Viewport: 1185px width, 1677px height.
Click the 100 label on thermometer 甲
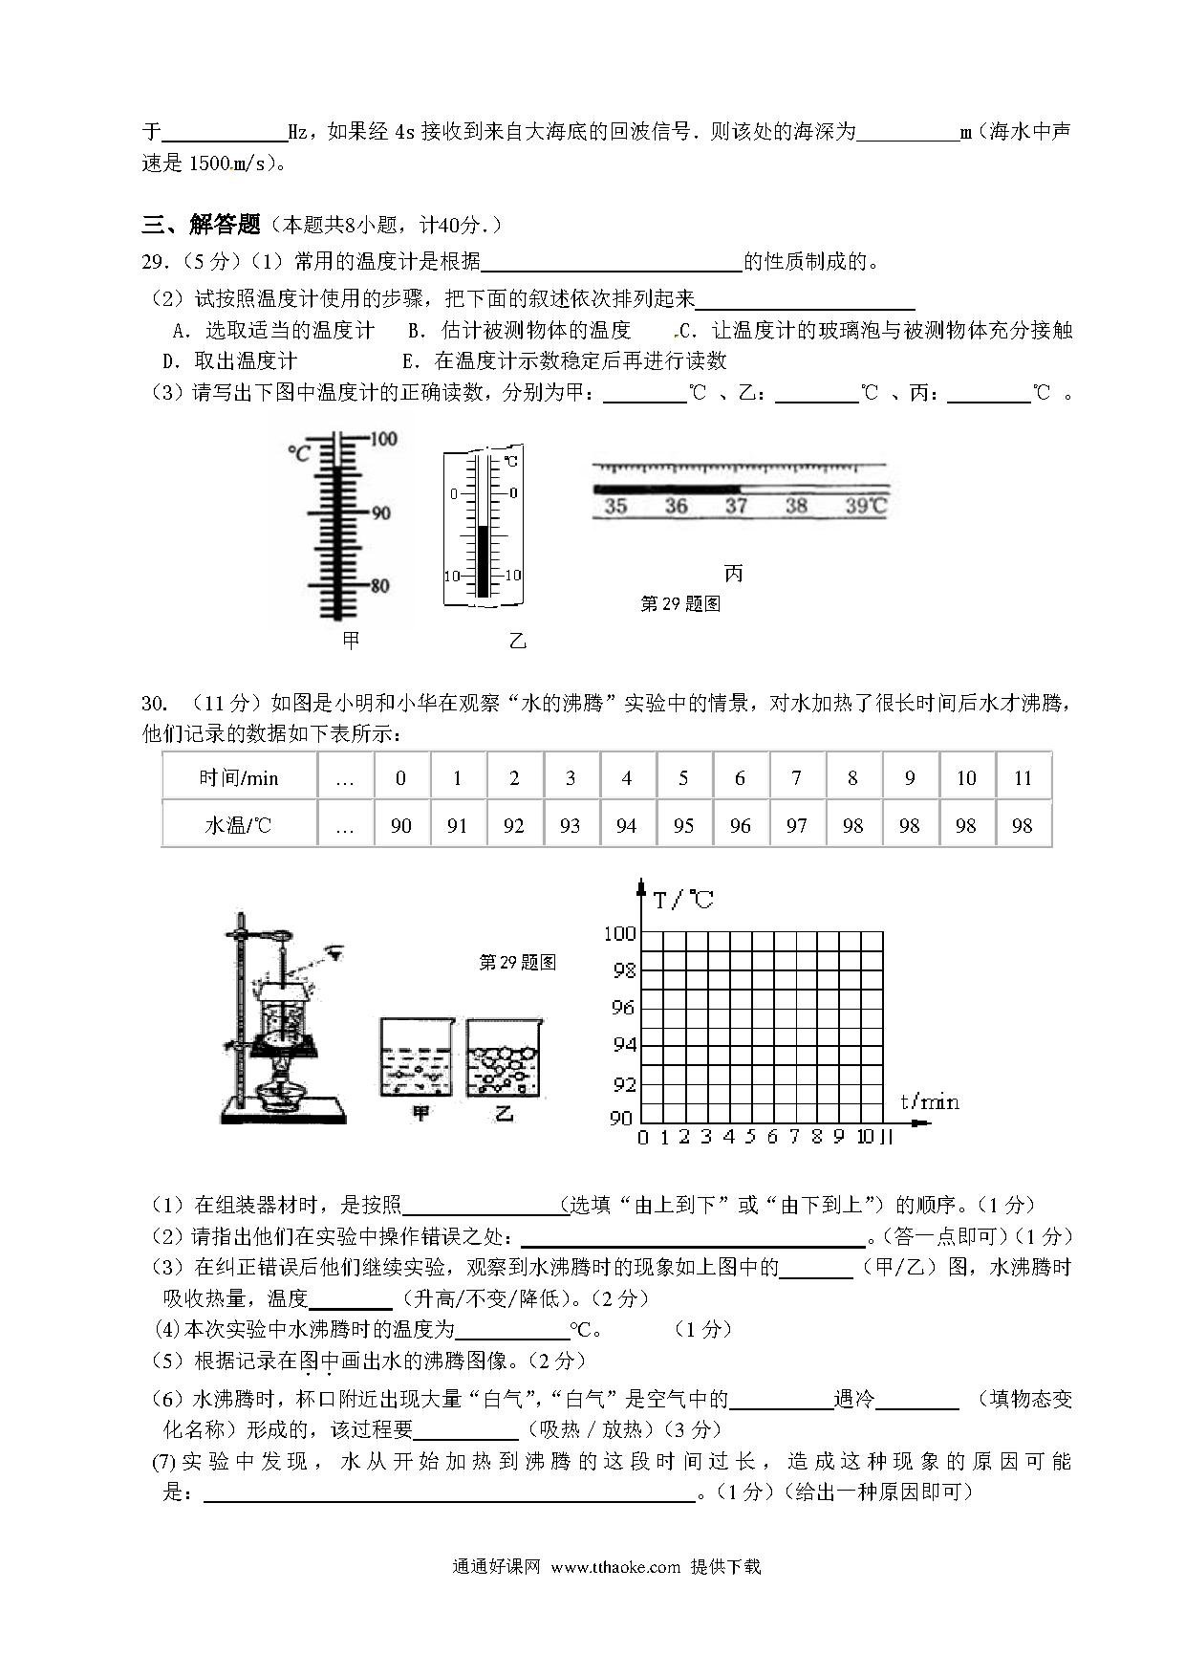[383, 440]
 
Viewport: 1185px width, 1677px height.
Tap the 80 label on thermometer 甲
[379, 585]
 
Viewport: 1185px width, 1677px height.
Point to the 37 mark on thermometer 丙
[736, 506]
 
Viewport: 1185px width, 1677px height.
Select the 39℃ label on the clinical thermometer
[865, 506]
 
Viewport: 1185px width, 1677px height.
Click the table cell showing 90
[401, 825]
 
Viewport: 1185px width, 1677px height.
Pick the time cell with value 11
[1023, 778]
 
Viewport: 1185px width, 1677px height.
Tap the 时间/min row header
[239, 778]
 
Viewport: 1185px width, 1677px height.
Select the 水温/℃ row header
[239, 825]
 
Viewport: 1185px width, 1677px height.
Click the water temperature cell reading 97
[796, 825]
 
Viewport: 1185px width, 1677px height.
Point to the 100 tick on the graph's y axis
[620, 933]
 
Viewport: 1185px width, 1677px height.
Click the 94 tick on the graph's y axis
[623, 1045]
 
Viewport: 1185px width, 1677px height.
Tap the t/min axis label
[929, 1101]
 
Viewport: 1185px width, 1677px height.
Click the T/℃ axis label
[683, 900]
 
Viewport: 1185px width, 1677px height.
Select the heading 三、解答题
[202, 225]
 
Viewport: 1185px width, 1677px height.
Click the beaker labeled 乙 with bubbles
[503, 1057]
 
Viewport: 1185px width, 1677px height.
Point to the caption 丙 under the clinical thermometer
[734, 574]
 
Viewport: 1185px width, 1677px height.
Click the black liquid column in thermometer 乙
[484, 561]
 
